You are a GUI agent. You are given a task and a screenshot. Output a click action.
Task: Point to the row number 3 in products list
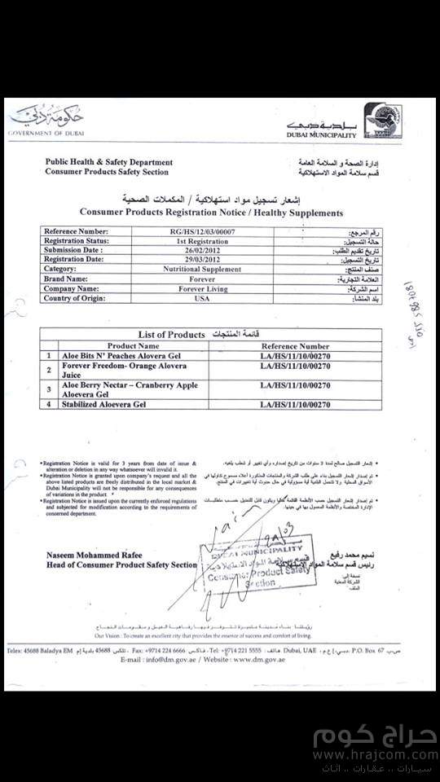48,389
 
